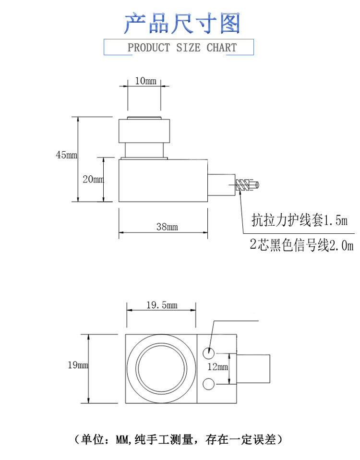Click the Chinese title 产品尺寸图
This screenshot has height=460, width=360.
[181, 24]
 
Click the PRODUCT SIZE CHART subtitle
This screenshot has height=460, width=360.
[182, 48]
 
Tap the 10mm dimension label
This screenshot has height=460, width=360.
[145, 81]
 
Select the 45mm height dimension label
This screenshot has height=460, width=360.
[66, 155]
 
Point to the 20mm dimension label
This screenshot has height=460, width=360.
[93, 180]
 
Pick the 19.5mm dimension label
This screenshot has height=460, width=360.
[162, 305]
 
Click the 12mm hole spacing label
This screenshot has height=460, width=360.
[217, 367]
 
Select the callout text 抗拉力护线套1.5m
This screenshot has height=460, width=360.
[299, 221]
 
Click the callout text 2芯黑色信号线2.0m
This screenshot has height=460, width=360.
[301, 246]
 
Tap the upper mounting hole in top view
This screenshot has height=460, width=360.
[209, 352]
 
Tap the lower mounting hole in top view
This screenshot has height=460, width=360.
[209, 384]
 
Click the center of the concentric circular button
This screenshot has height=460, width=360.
[161, 368]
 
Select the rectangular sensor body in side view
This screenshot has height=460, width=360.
[163, 181]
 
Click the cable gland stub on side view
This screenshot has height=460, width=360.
[221, 184]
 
